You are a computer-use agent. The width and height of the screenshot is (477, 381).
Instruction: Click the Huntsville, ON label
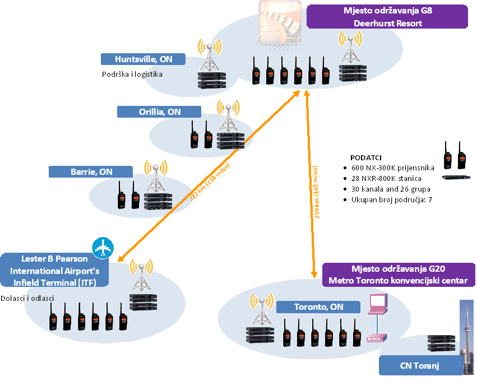pos(143,59)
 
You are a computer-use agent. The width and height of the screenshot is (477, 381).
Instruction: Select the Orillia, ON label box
pos(160,112)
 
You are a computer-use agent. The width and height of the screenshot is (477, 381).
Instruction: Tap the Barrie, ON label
pos(91,172)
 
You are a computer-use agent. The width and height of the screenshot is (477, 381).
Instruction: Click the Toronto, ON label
pos(318,307)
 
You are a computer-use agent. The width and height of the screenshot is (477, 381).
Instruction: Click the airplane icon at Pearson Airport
pos(103,248)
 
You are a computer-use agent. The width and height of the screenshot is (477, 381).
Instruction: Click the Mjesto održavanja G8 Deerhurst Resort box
pos(387,17)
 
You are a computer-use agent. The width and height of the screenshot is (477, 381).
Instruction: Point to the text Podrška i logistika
pos(132,74)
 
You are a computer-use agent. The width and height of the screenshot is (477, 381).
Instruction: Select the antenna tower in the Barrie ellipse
pos(155,176)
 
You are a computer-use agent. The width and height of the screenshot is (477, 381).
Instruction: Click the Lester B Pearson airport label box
pos(54,271)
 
